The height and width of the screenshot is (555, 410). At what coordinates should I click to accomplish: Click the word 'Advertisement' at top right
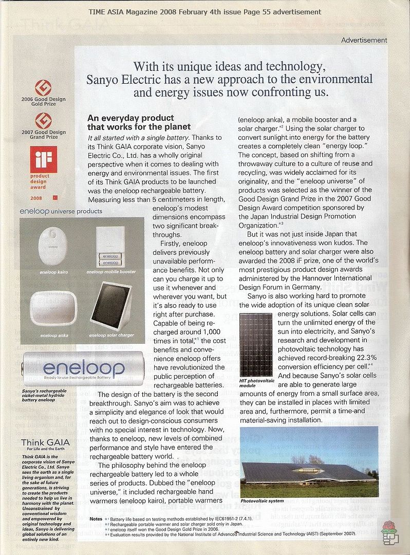[364, 40]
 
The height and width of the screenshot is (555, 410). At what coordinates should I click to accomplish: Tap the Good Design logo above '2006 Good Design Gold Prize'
[43, 87]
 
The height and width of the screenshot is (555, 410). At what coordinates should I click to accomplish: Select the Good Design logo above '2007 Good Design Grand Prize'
[43, 121]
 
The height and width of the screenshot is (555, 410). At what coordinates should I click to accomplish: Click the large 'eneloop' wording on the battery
[83, 367]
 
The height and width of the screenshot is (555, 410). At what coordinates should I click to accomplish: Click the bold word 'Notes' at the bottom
[96, 519]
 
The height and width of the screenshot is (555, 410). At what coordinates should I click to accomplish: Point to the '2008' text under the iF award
[36, 197]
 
